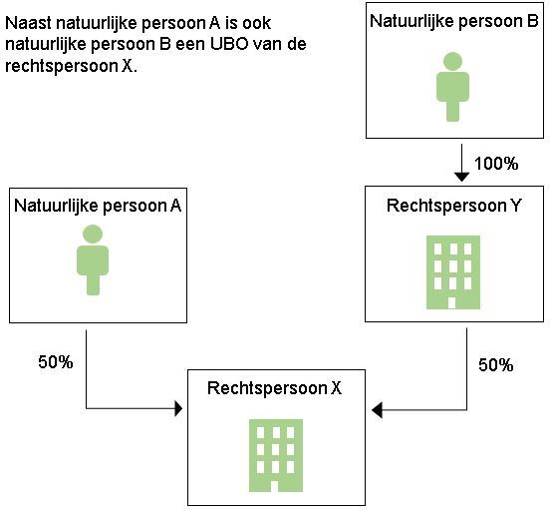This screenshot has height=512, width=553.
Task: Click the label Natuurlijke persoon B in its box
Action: coord(454,22)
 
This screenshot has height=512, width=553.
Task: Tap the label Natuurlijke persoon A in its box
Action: coord(98,206)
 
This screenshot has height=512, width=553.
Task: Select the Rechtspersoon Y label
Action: coord(453,206)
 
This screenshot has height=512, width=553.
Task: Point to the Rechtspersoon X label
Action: coord(274,388)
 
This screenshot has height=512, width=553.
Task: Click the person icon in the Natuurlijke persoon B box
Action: coord(452,87)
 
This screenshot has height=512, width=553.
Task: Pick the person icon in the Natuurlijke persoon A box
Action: coord(93,260)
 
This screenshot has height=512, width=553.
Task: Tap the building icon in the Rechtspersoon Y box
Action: coord(453,272)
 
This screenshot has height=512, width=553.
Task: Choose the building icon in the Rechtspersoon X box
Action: coord(276,455)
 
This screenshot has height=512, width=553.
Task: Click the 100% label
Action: coord(496,164)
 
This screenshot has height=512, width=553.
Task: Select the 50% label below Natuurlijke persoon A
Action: coord(56,362)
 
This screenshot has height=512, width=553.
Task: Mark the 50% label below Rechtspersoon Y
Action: coord(495,365)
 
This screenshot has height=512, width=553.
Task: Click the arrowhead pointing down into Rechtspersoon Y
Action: coord(461,177)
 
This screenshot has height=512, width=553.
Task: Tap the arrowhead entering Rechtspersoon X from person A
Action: coord(178,409)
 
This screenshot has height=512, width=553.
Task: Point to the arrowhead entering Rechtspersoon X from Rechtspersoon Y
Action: coord(377,410)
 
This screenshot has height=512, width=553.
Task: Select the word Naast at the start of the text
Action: coord(28,23)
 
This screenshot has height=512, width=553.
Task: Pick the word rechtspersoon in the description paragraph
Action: coord(62,67)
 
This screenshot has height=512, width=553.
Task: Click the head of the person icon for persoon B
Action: coord(452,61)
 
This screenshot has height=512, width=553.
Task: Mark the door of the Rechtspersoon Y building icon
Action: coord(451,303)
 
